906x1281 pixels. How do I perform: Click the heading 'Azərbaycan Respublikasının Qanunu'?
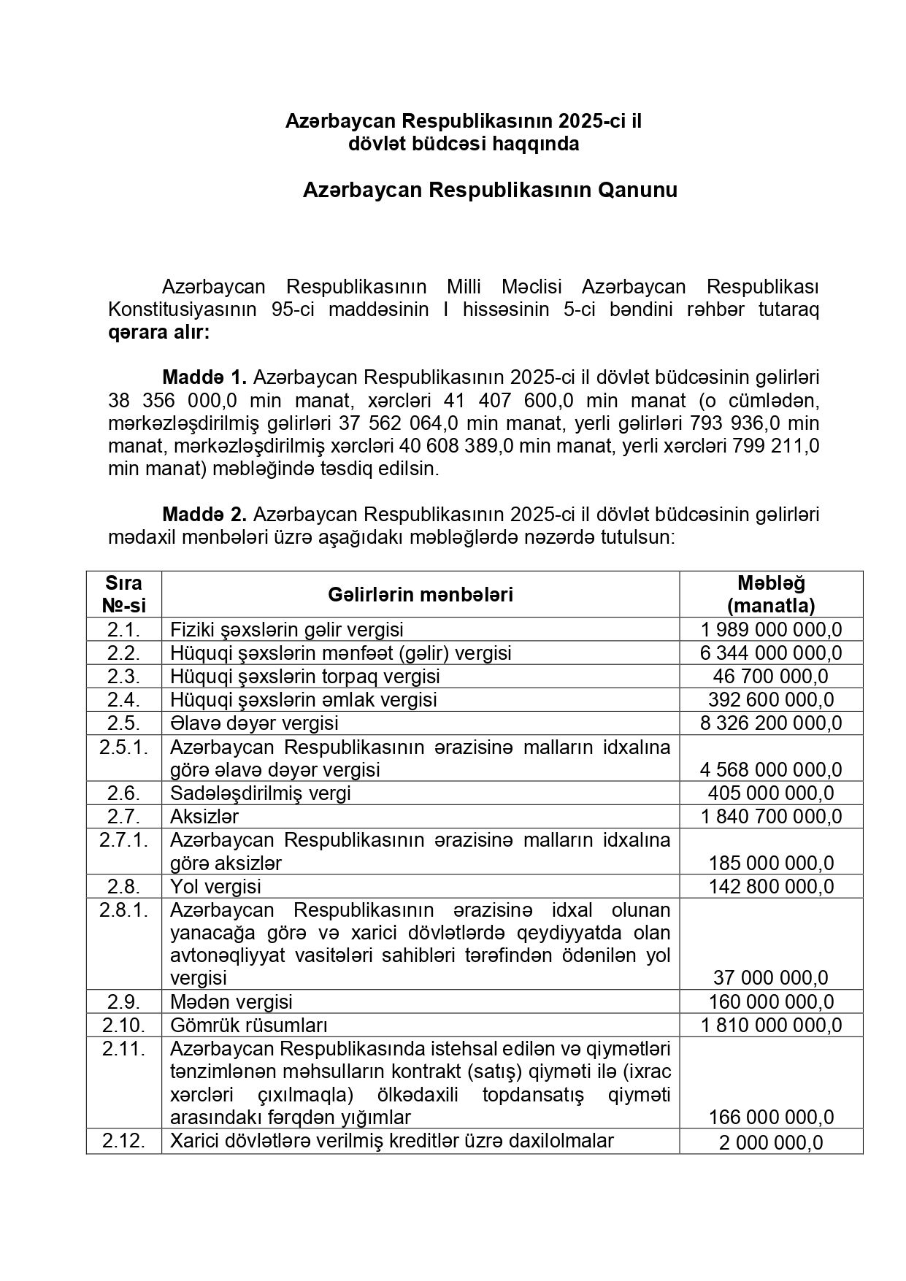pyautogui.click(x=490, y=191)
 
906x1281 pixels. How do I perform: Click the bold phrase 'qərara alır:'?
pyautogui.click(x=158, y=333)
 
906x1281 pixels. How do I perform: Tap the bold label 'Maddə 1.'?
pyautogui.click(x=204, y=377)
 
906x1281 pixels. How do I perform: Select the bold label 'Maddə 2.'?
pyautogui.click(x=204, y=515)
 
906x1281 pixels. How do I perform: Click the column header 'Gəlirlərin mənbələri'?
pyautogui.click(x=420, y=595)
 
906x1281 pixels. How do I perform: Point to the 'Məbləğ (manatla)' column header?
pyautogui.click(x=771, y=594)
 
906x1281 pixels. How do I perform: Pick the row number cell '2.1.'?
pyautogui.click(x=123, y=629)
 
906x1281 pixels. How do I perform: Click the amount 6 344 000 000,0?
pyautogui.click(x=771, y=653)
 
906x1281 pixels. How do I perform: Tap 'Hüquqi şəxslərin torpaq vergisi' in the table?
pyautogui.click(x=304, y=676)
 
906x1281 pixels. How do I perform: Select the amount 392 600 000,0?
pyautogui.click(x=771, y=699)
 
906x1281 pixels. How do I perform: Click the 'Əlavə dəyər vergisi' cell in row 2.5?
pyautogui.click(x=254, y=723)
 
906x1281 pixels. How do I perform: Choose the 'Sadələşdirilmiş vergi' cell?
pyautogui.click(x=260, y=793)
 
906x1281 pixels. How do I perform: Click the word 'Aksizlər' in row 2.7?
pyautogui.click(x=204, y=816)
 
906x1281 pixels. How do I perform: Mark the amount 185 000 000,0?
pyautogui.click(x=771, y=863)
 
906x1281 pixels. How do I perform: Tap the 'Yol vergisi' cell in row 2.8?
pyautogui.click(x=215, y=887)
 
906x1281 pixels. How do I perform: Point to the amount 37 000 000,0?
pyautogui.click(x=771, y=978)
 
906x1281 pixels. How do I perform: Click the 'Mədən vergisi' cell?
pyautogui.click(x=231, y=1001)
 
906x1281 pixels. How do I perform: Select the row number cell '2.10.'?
pyautogui.click(x=123, y=1025)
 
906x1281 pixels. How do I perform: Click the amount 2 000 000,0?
pyautogui.click(x=771, y=1143)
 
